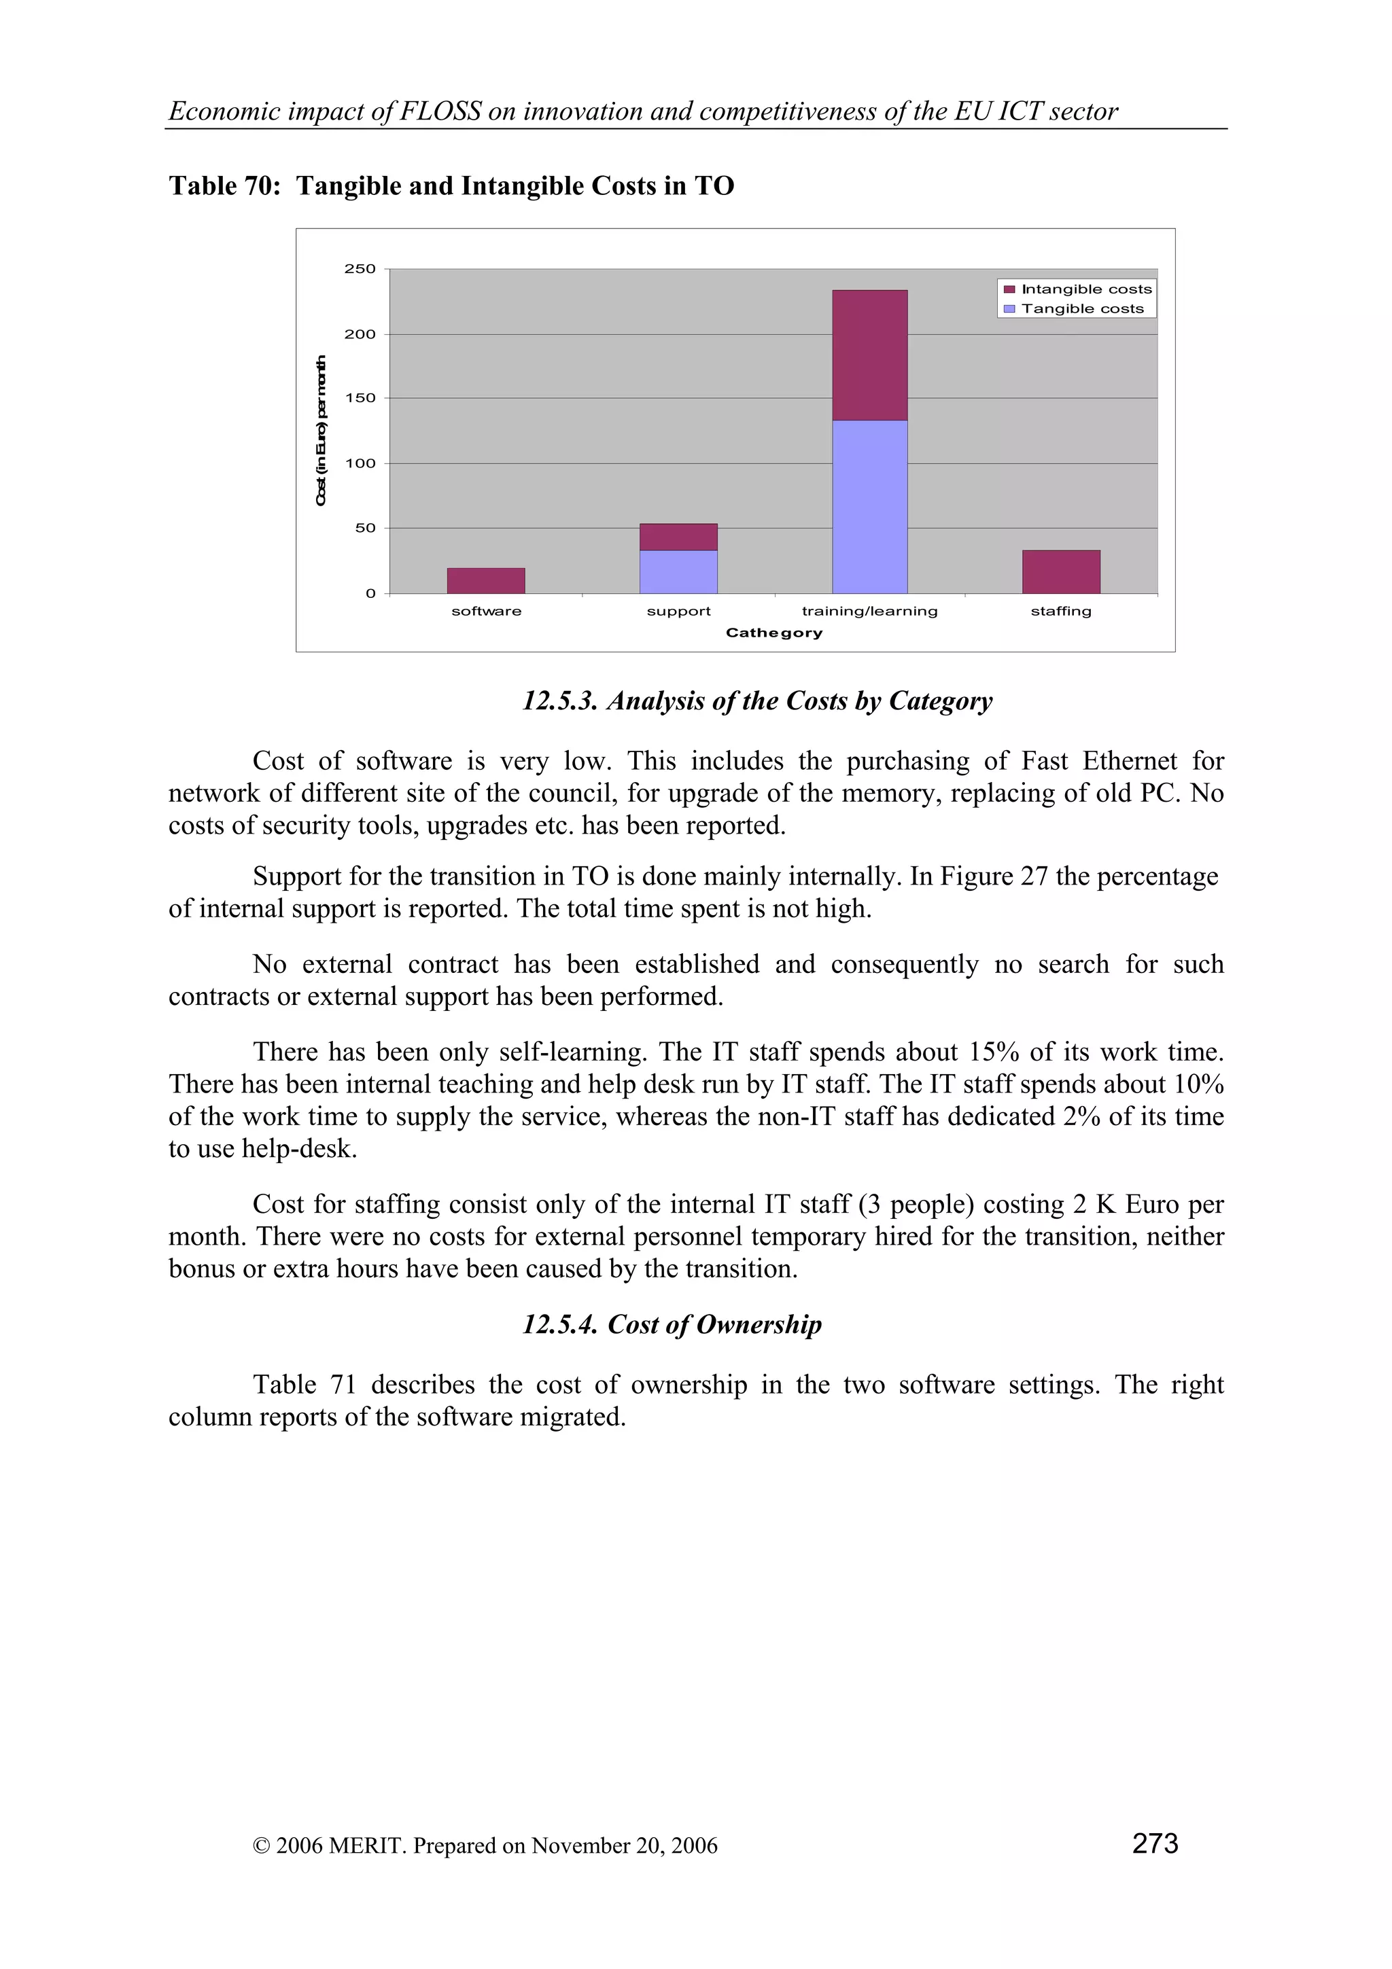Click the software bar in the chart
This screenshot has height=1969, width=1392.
click(485, 581)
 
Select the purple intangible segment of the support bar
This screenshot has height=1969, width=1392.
click(678, 537)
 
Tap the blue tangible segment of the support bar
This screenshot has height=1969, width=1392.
click(678, 571)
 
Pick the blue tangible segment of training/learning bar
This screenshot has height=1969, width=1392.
click(870, 506)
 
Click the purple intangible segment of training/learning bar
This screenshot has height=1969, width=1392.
click(870, 355)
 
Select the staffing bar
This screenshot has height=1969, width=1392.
click(1061, 571)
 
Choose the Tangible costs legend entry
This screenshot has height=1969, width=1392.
click(1081, 308)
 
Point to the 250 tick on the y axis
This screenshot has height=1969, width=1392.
click(360, 268)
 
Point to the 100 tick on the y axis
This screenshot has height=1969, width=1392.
click(360, 463)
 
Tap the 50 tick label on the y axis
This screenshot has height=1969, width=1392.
click(364, 529)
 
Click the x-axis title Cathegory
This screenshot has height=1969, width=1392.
click(773, 633)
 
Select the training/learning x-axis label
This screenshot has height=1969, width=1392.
click(870, 611)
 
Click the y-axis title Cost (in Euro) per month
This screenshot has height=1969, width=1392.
click(321, 431)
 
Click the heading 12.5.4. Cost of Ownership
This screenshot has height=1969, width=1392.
click(672, 1324)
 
